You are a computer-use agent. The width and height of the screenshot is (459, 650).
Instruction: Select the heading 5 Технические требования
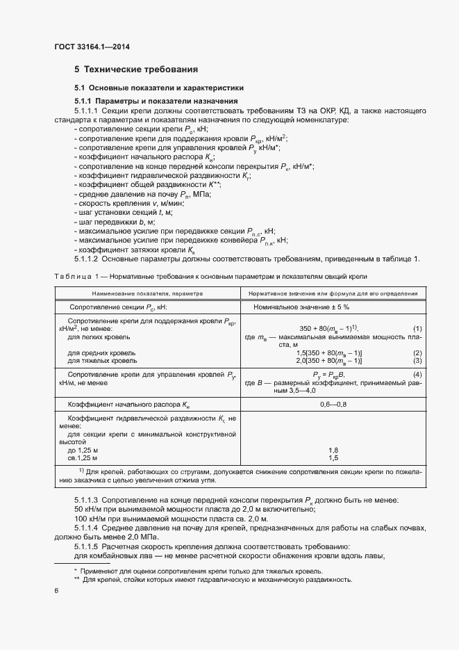click(x=136, y=70)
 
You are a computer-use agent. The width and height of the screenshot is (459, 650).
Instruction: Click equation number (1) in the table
click(x=417, y=328)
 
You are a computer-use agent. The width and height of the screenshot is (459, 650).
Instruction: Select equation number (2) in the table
click(x=417, y=352)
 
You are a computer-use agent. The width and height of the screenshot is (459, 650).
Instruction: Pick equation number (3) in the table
click(x=417, y=361)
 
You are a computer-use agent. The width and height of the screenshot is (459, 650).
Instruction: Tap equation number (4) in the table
click(x=417, y=375)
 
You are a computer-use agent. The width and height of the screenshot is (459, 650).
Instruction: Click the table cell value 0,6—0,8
click(x=333, y=403)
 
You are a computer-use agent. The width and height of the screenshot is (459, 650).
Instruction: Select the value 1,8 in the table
click(x=333, y=450)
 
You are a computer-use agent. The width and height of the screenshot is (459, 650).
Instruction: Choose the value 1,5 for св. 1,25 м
click(x=333, y=458)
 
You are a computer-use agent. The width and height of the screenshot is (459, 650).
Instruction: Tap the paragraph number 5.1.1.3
click(x=87, y=501)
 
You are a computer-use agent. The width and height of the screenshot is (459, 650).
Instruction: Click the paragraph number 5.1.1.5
click(x=87, y=546)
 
